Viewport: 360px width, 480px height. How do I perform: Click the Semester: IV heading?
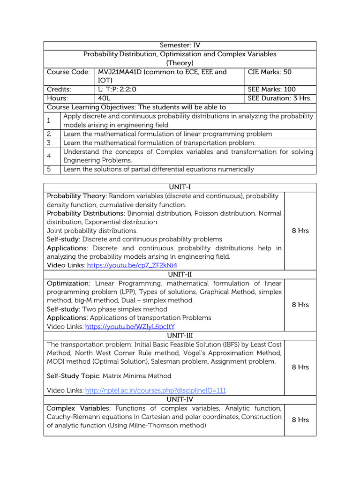(x=180, y=45)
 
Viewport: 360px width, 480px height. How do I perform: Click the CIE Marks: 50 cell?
(x=269, y=72)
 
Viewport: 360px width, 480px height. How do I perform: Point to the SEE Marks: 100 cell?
(x=271, y=90)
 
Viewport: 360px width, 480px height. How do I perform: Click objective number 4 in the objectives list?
(x=49, y=156)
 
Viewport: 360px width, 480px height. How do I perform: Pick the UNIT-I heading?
(x=180, y=187)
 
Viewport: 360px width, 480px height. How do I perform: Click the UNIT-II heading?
(x=180, y=275)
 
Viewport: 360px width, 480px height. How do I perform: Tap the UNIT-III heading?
(x=180, y=336)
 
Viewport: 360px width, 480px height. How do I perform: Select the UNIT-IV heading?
(x=180, y=399)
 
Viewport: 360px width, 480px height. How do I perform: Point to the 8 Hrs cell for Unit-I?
(x=300, y=231)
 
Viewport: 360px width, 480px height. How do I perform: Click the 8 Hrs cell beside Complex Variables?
(x=300, y=420)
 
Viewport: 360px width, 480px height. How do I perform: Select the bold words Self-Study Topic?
(x=73, y=376)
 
